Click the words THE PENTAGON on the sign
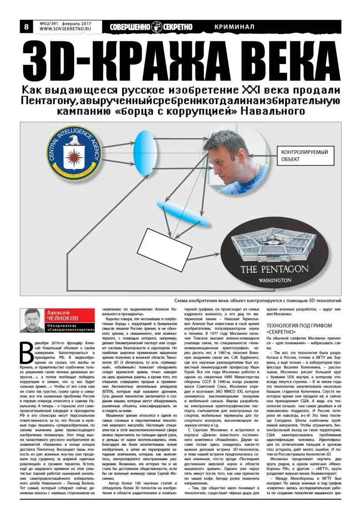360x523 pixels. (x=274, y=269)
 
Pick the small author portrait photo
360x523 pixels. (x=33, y=320)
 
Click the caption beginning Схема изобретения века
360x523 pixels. (x=257, y=300)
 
